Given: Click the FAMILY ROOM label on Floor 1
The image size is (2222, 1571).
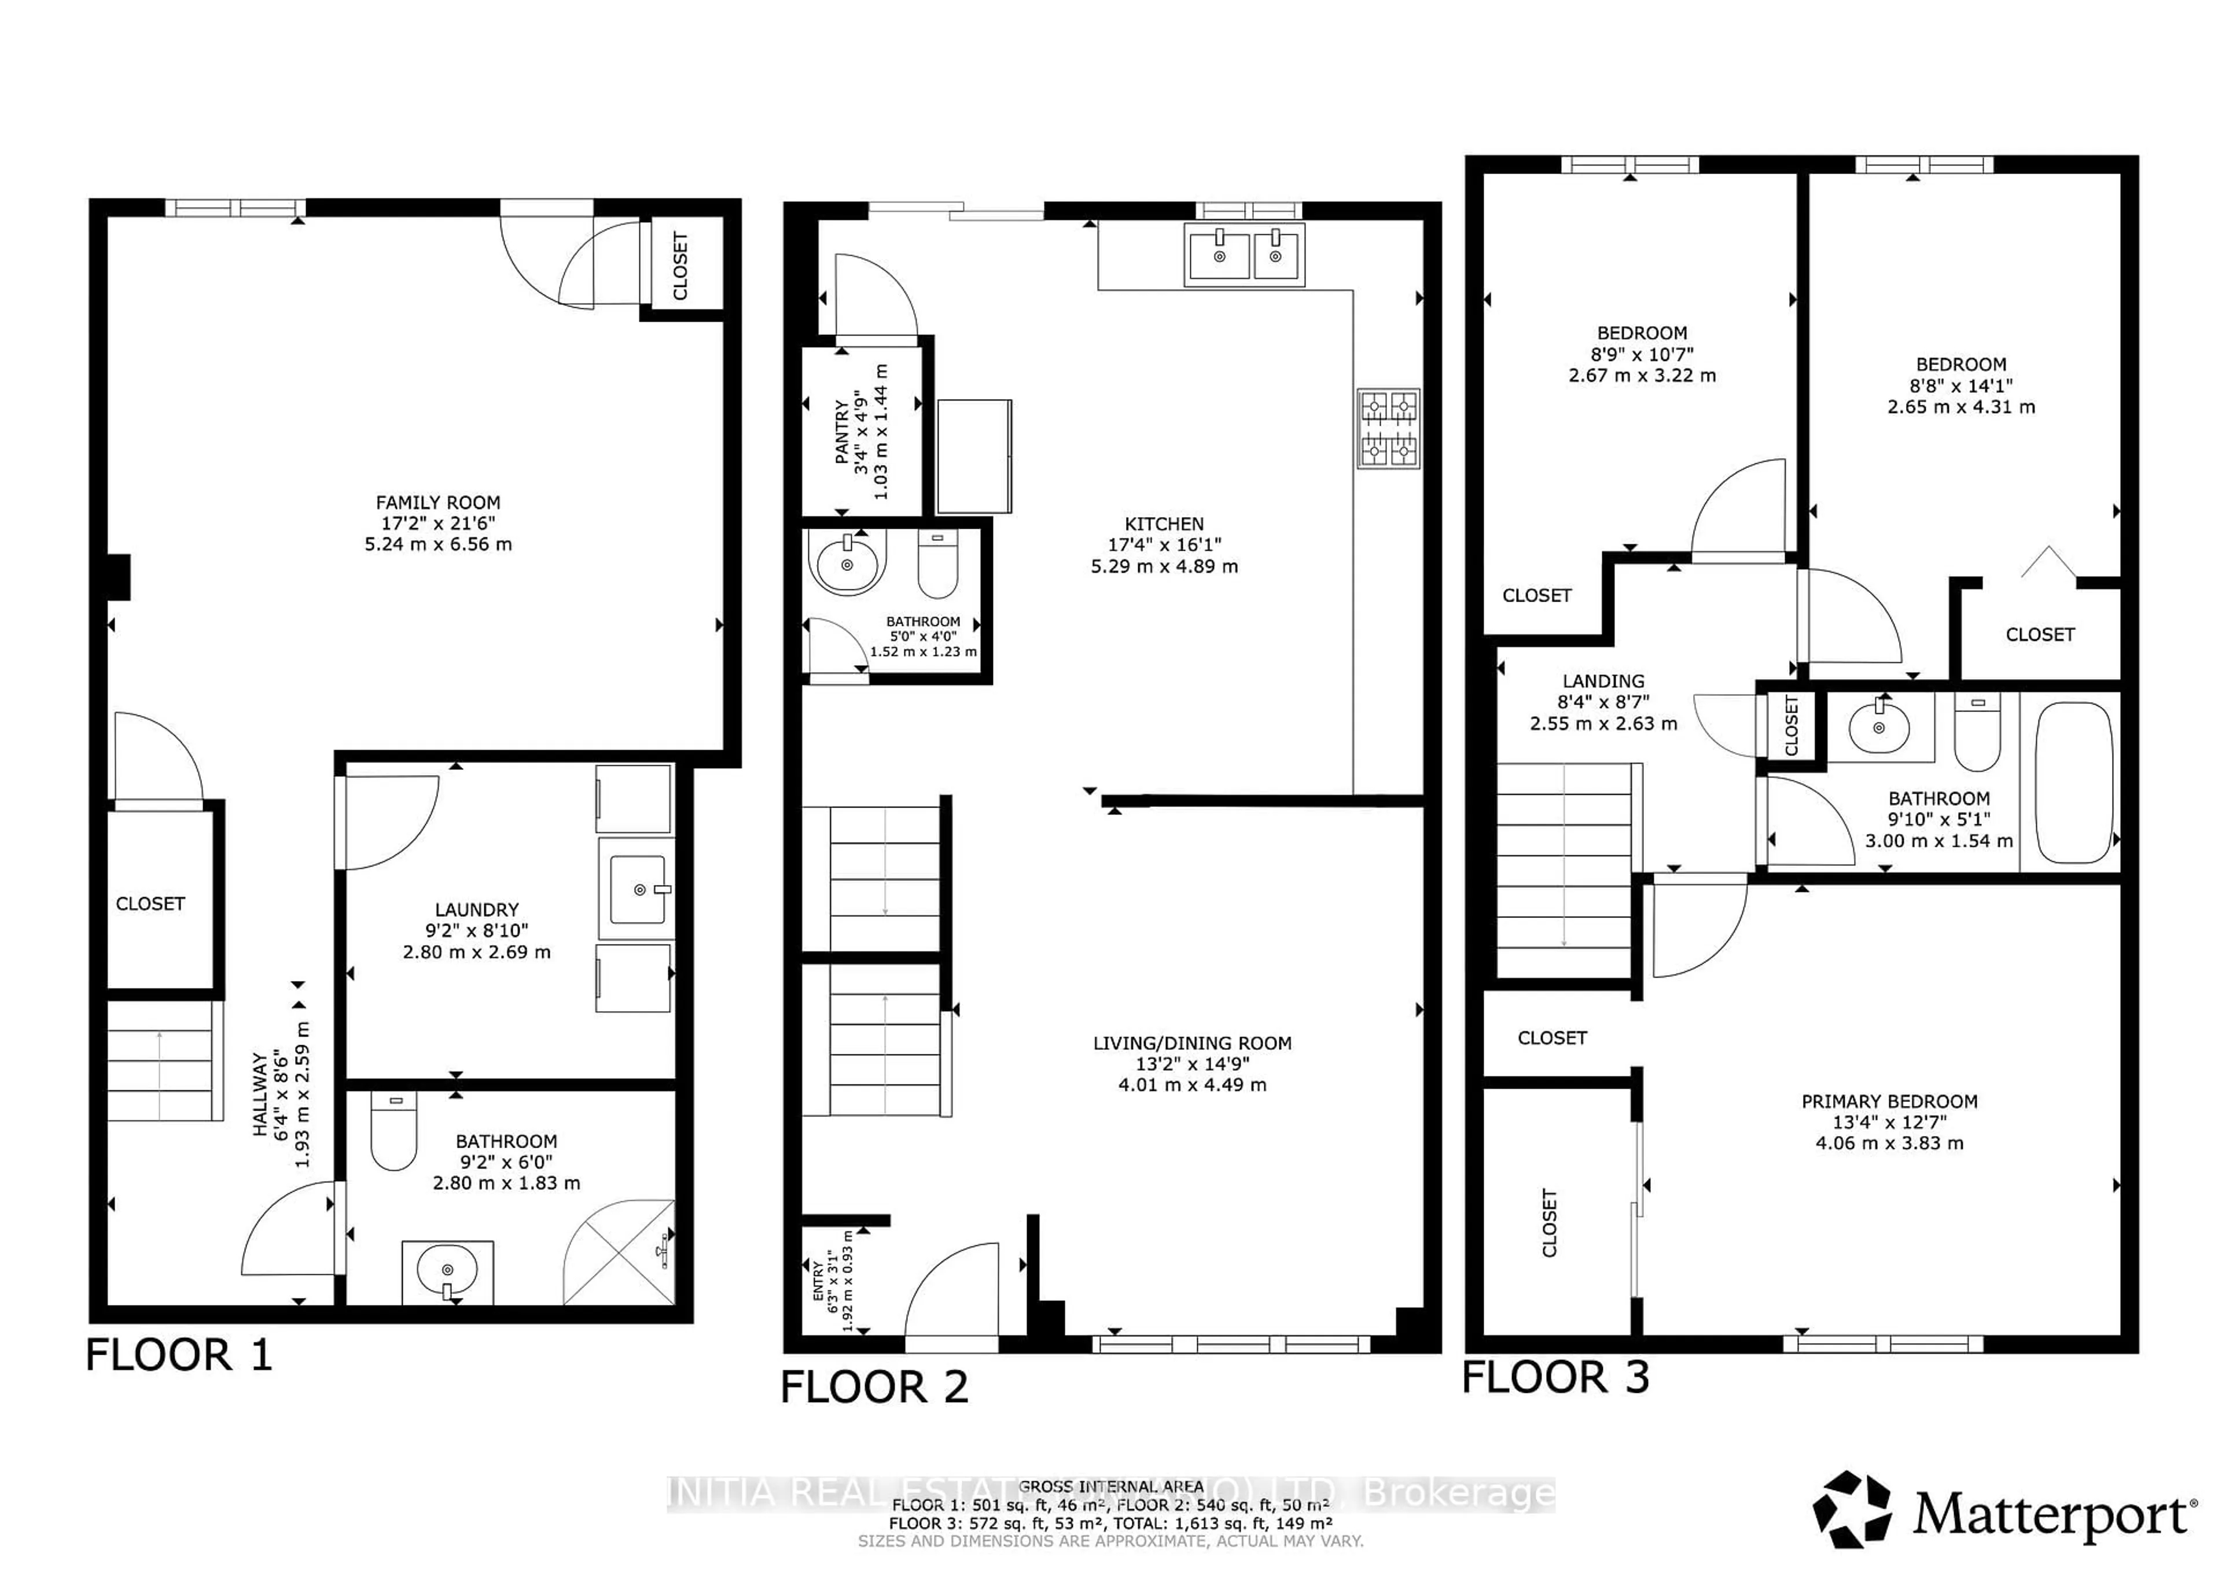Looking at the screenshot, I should pyautogui.click(x=437, y=502).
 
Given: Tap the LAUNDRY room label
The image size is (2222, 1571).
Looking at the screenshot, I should pyautogui.click(x=476, y=909).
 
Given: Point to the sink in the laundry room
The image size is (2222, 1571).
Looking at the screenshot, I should pyautogui.click(x=637, y=888).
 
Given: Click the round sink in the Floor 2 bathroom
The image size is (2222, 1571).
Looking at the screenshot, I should pyautogui.click(x=847, y=563).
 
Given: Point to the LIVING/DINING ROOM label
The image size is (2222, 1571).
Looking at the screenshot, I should pyautogui.click(x=1191, y=1043).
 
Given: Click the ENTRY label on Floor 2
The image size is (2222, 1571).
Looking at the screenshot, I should pyautogui.click(x=819, y=1280).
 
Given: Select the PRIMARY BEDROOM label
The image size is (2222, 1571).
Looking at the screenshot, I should pyautogui.click(x=1889, y=1101).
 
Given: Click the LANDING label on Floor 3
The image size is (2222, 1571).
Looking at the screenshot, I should pyautogui.click(x=1603, y=681).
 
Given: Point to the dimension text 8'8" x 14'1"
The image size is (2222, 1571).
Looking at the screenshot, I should pyautogui.click(x=1960, y=385).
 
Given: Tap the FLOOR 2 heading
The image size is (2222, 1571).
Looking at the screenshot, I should pyautogui.click(x=874, y=1387).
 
